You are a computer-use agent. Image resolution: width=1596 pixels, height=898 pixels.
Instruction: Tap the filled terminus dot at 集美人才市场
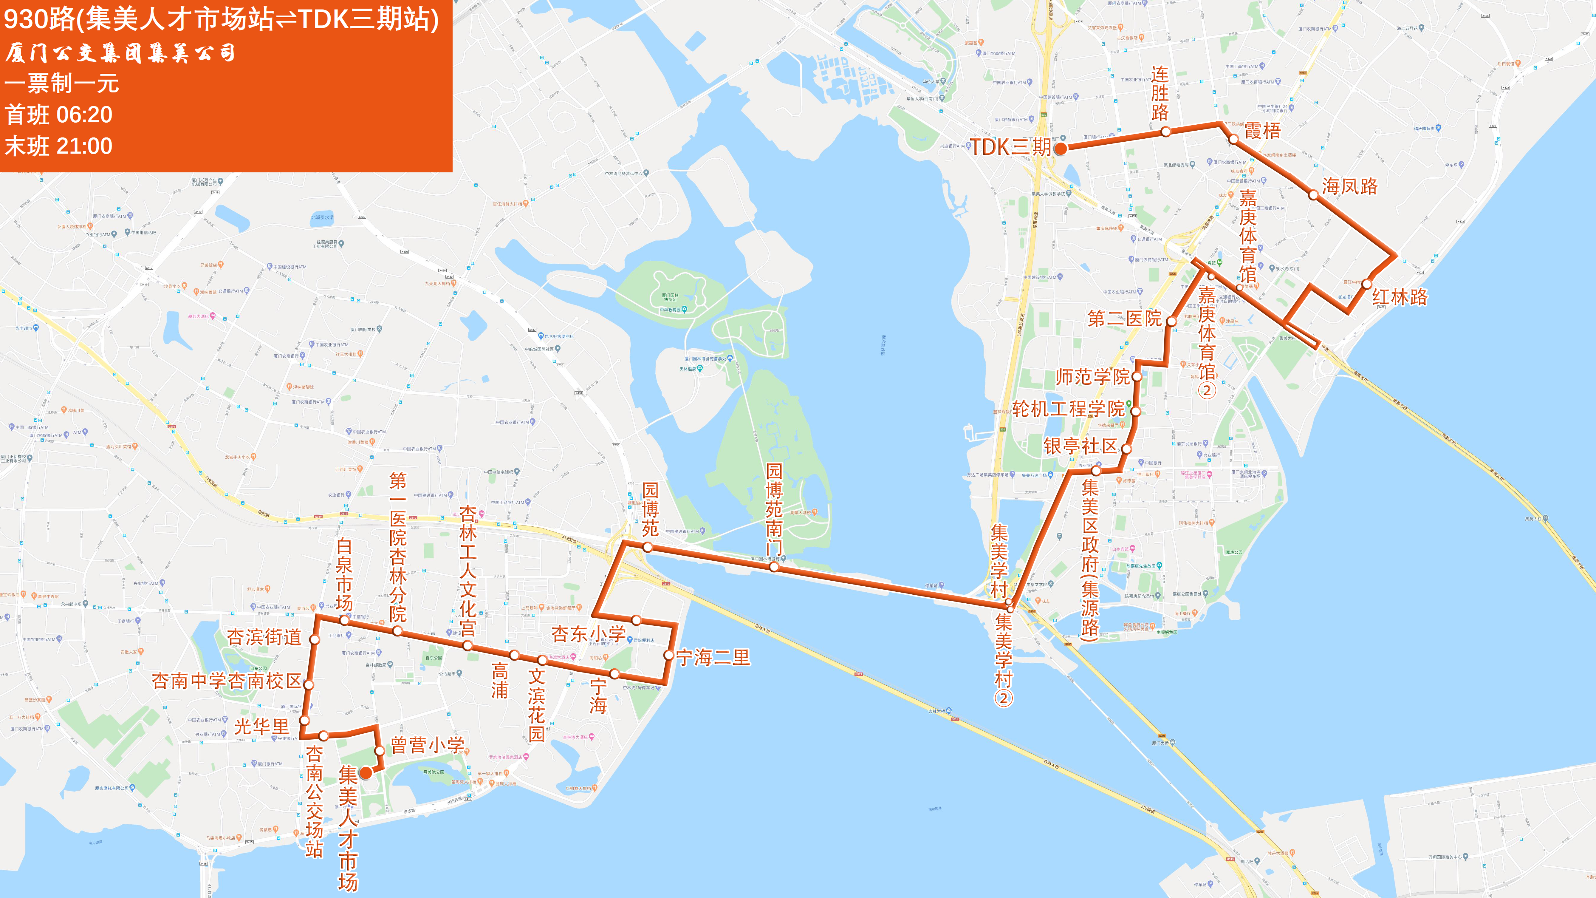click(x=366, y=772)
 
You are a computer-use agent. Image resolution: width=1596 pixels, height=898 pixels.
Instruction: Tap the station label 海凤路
click(x=1349, y=186)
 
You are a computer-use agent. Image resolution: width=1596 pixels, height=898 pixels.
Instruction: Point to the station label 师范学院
click(x=1093, y=377)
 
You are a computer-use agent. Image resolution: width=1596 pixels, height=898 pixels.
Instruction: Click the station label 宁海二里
click(x=713, y=658)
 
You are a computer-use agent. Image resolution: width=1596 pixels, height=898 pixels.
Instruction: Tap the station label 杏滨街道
click(x=264, y=637)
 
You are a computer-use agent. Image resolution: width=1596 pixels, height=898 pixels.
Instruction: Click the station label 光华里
click(x=261, y=726)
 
